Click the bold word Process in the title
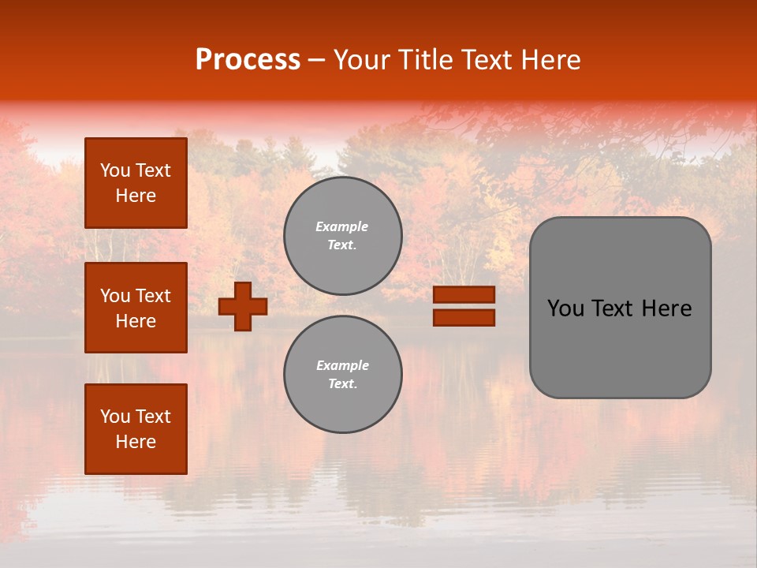(248, 60)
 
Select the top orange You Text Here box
(136, 183)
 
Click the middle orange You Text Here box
(136, 308)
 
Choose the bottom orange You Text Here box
(136, 429)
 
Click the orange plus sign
(243, 306)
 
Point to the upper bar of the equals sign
(464, 294)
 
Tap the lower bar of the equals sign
(464, 317)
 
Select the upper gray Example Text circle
(343, 236)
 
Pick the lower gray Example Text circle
(343, 375)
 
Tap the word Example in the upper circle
(341, 226)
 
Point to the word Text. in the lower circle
(342, 384)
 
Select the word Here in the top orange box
(136, 196)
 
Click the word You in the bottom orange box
(115, 416)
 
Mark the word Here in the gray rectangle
(666, 308)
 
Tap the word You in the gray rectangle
(565, 308)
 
